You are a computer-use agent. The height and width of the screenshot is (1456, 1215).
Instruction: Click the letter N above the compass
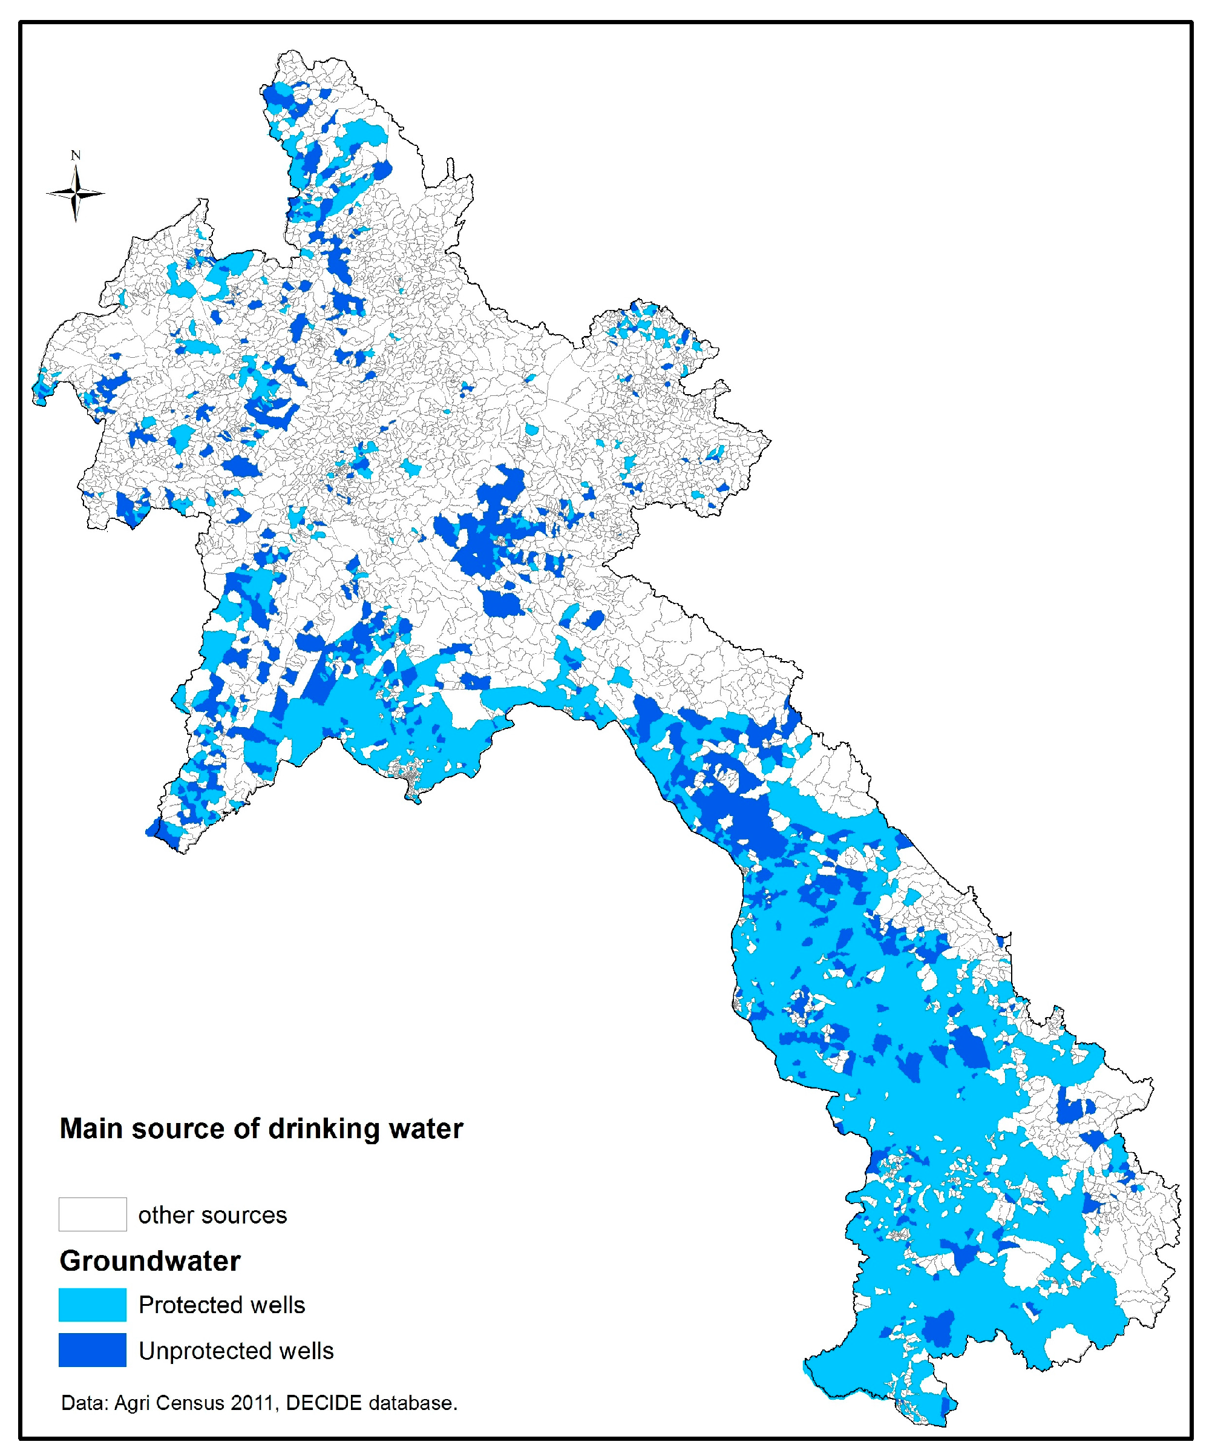coord(76,156)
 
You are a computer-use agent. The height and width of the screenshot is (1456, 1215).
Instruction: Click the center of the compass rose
coord(76,194)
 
